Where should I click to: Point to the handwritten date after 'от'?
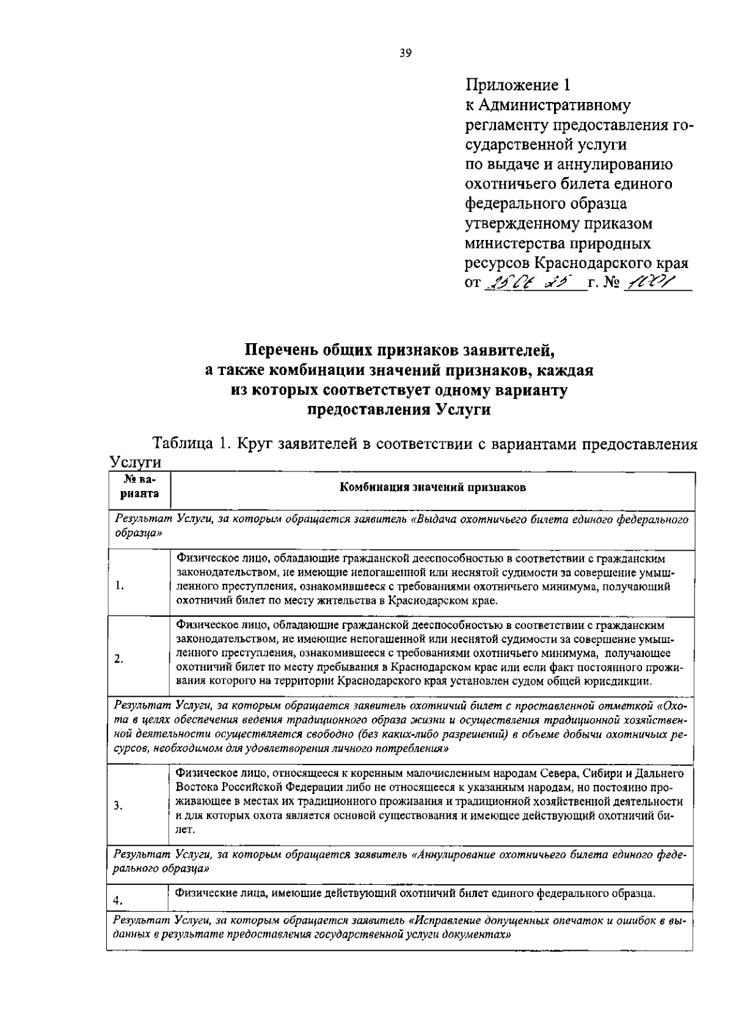pyautogui.click(x=529, y=284)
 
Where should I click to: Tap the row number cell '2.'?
pyautogui.click(x=120, y=659)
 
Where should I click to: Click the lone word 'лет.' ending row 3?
pyautogui.click(x=185, y=829)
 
